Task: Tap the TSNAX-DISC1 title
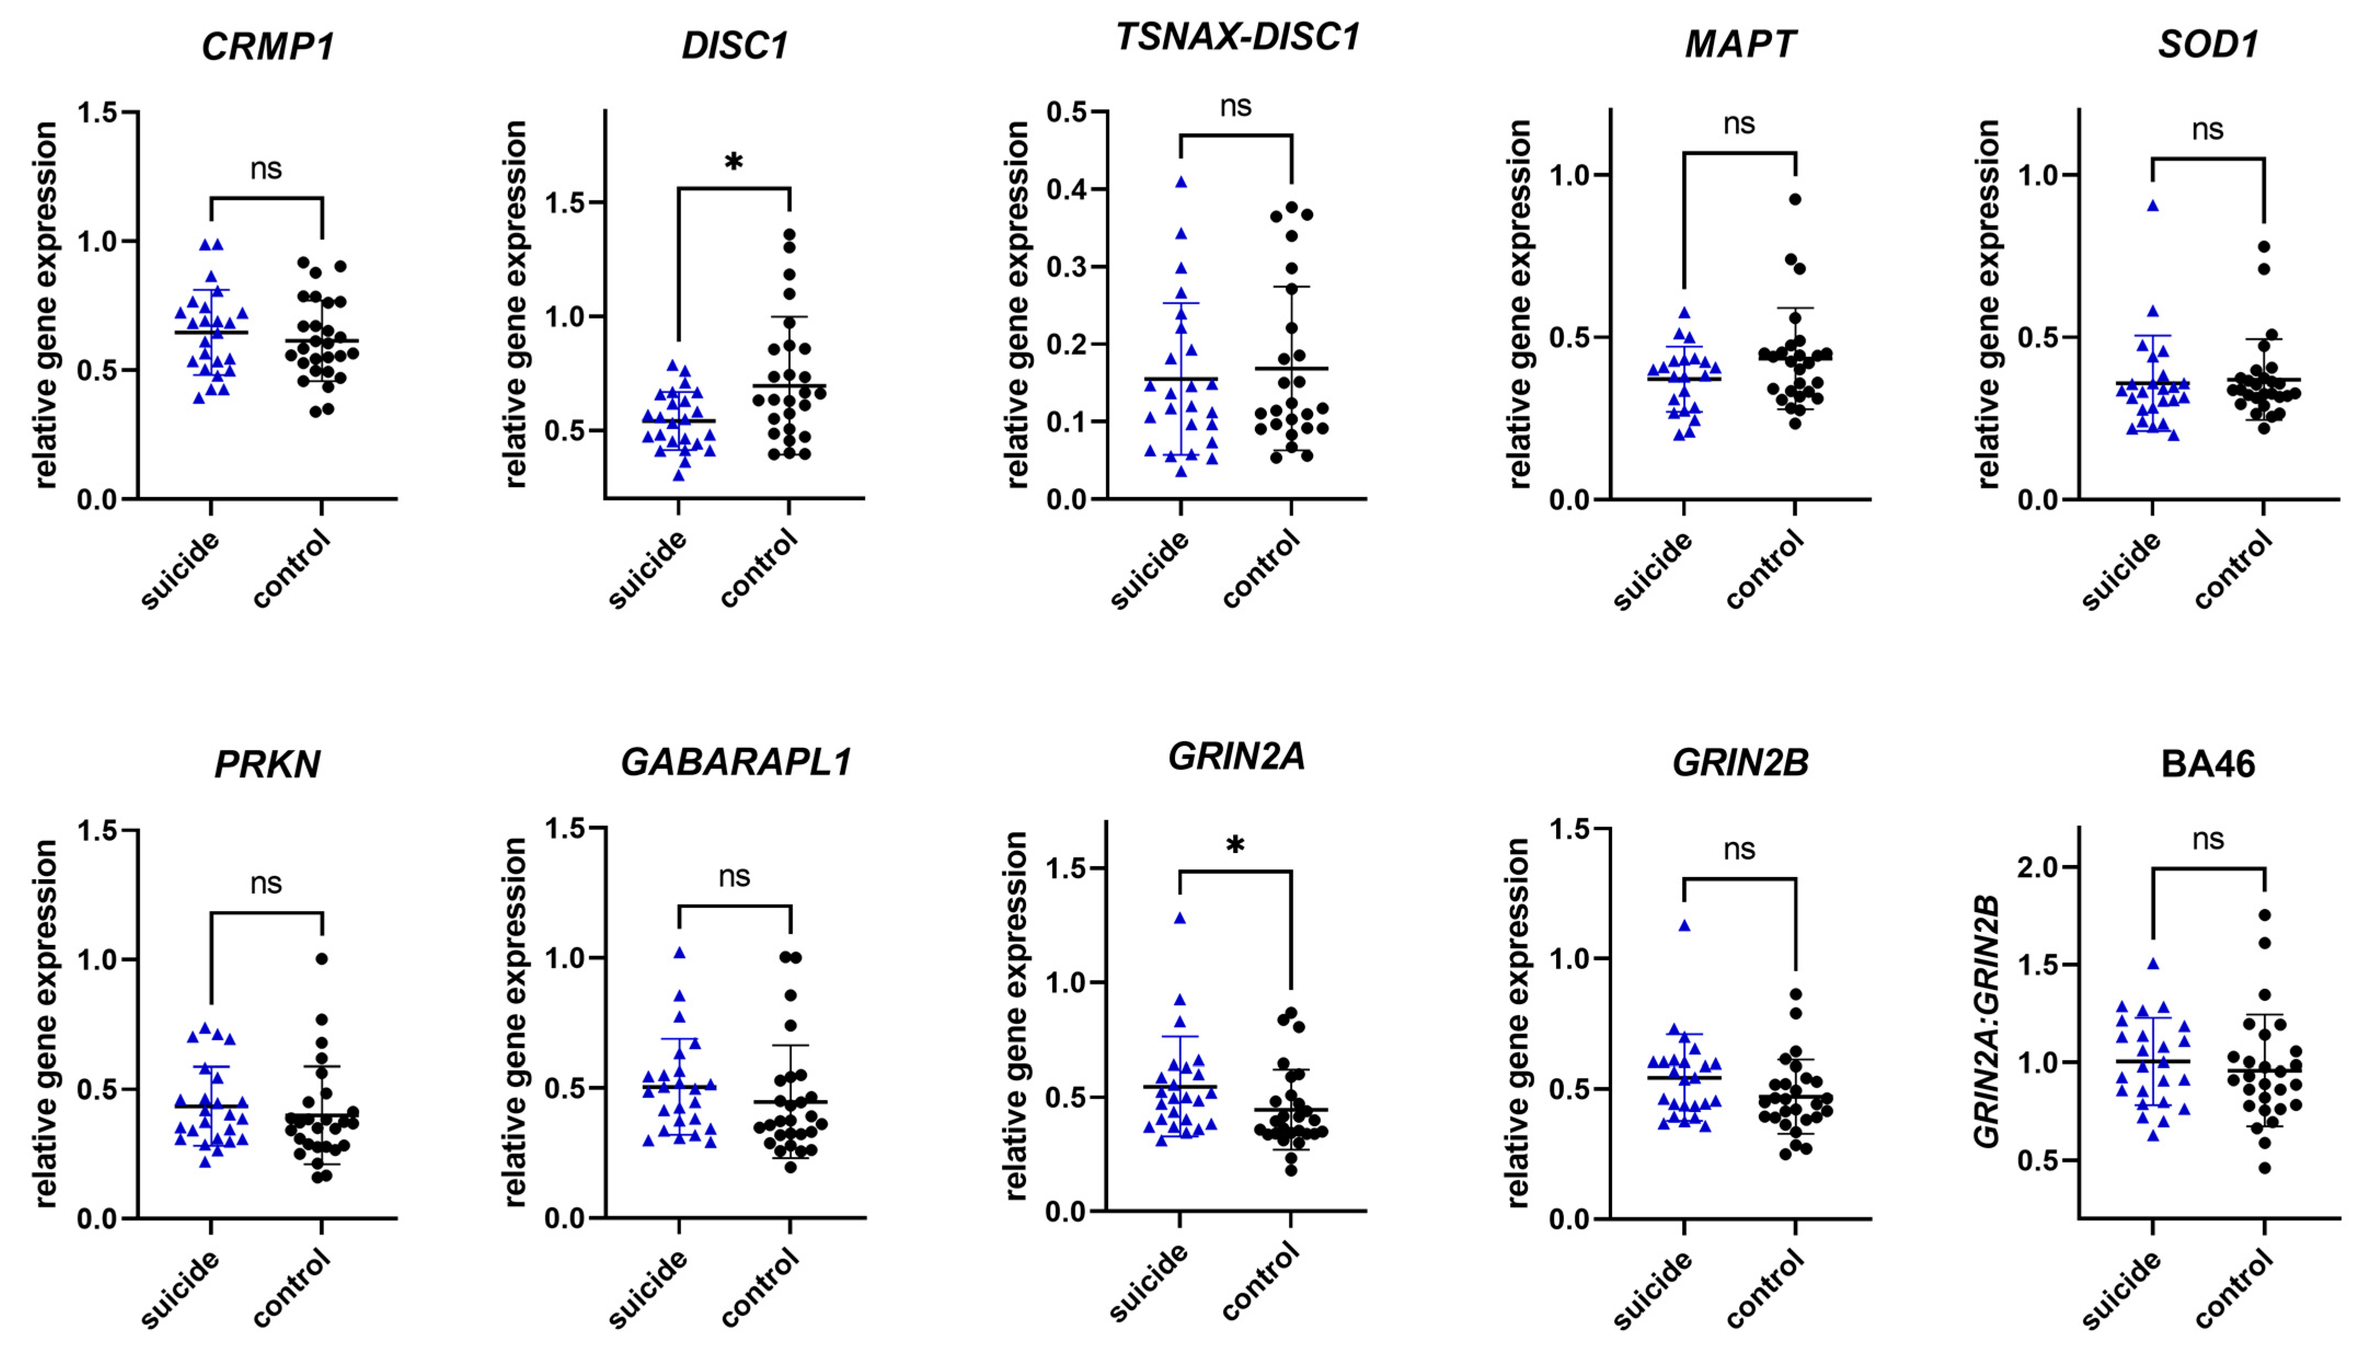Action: tap(1237, 38)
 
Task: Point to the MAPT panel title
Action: tap(1740, 44)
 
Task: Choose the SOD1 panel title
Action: tap(2208, 44)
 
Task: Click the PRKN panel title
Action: tap(268, 764)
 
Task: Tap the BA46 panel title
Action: tap(2208, 764)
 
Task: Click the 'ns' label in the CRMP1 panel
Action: tap(266, 169)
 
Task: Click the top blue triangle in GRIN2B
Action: tap(1684, 925)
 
